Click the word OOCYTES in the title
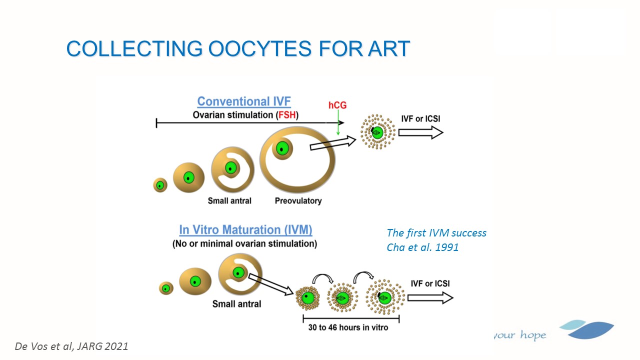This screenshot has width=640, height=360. (259, 48)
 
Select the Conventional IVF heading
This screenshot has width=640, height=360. (244, 101)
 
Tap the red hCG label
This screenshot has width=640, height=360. (337, 105)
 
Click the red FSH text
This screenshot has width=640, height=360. (287, 115)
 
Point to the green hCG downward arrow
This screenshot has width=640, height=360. (338, 122)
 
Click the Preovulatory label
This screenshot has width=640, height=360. (298, 201)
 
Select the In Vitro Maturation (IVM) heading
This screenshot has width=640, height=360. (245, 229)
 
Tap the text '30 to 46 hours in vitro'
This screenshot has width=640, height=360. (348, 327)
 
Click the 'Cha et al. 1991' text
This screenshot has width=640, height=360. (422, 247)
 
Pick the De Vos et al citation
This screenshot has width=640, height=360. (71, 346)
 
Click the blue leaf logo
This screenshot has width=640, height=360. (586, 329)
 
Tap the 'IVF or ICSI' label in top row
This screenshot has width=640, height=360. (420, 119)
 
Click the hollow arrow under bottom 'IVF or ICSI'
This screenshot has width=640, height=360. (430, 297)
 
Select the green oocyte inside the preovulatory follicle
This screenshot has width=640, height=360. (282, 148)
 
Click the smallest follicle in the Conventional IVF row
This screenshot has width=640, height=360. (160, 185)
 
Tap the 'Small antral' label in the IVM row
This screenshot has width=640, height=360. (236, 304)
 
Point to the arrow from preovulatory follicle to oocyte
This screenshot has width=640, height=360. (333, 142)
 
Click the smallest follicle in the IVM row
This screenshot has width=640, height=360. (166, 288)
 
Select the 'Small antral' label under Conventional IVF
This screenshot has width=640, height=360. (229, 201)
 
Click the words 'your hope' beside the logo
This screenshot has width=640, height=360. (520, 335)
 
